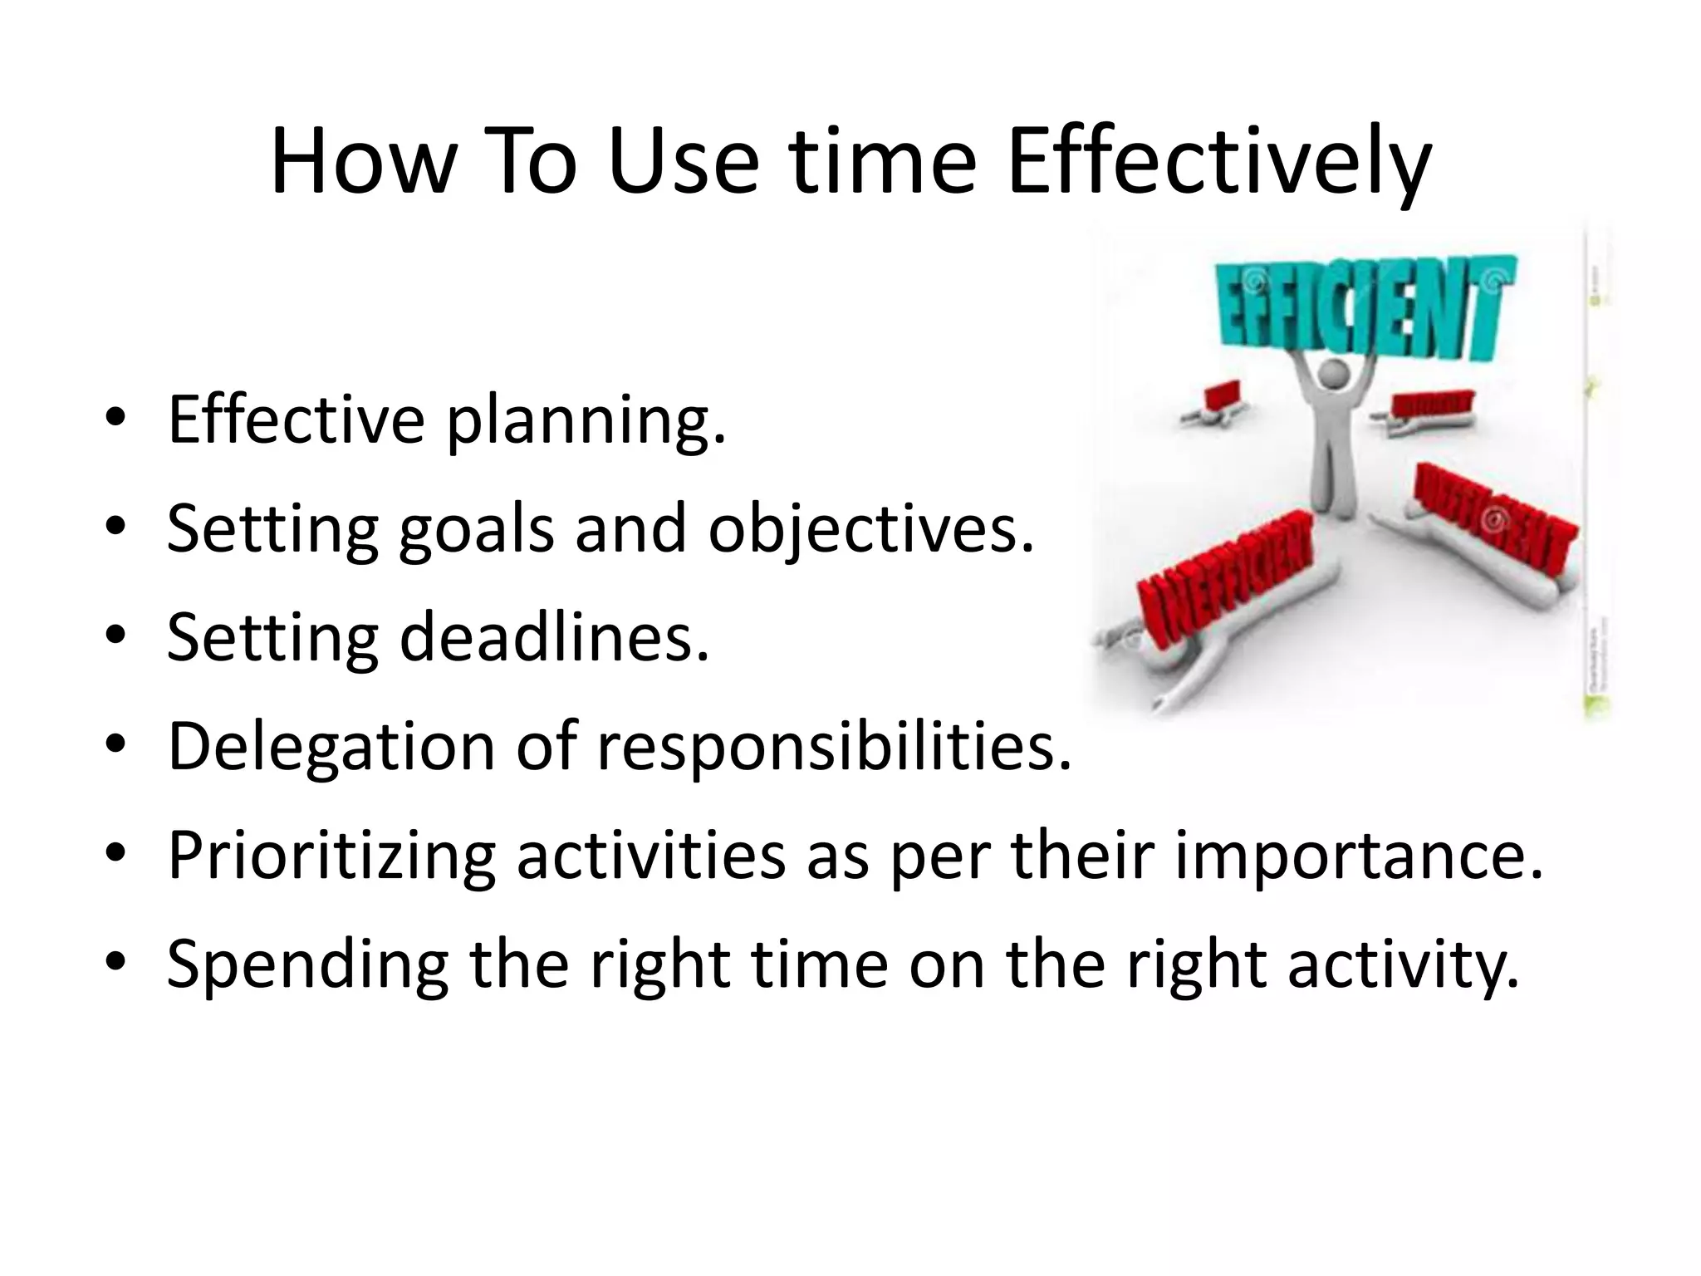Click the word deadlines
554,637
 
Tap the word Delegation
331,747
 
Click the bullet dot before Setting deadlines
115,637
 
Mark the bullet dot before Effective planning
115,419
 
